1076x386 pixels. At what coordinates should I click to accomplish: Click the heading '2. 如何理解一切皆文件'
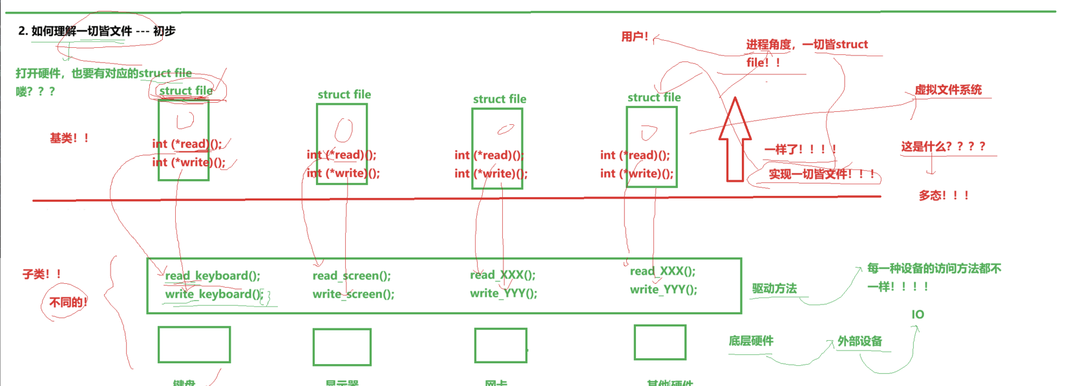click(x=97, y=31)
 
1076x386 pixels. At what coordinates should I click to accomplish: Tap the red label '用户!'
click(x=634, y=37)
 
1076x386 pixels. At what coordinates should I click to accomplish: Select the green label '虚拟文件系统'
click(x=947, y=90)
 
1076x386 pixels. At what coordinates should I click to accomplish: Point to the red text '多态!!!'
click(x=943, y=195)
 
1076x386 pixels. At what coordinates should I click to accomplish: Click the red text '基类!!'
click(x=69, y=138)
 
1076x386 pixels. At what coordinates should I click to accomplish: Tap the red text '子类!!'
click(x=42, y=274)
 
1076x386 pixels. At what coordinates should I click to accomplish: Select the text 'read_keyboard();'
click(x=213, y=275)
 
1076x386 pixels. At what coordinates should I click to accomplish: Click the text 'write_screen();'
click(x=353, y=294)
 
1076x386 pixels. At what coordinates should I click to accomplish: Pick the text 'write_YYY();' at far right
click(x=663, y=290)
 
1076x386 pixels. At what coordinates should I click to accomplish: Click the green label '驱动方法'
click(x=774, y=288)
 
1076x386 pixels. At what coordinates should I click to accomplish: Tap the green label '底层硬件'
click(x=750, y=341)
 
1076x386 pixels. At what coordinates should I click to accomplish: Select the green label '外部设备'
click(x=860, y=341)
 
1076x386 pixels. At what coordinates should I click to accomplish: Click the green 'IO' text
click(x=918, y=315)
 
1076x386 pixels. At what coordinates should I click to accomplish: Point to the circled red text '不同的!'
click(x=67, y=303)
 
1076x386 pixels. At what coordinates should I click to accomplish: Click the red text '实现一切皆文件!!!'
click(x=821, y=174)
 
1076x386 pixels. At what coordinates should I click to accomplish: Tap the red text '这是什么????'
click(x=943, y=147)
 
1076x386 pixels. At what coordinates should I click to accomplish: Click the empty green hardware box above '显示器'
click(x=342, y=347)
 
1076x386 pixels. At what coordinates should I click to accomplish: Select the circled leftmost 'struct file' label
click(x=186, y=91)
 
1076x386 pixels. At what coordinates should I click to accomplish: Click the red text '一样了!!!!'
click(x=800, y=149)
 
